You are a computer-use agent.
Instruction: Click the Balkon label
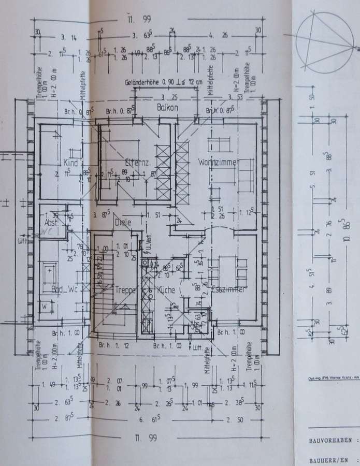click(x=168, y=108)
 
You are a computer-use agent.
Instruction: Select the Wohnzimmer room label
click(x=217, y=163)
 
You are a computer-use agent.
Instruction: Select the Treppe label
click(x=125, y=290)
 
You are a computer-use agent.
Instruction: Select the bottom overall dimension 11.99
click(x=146, y=438)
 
